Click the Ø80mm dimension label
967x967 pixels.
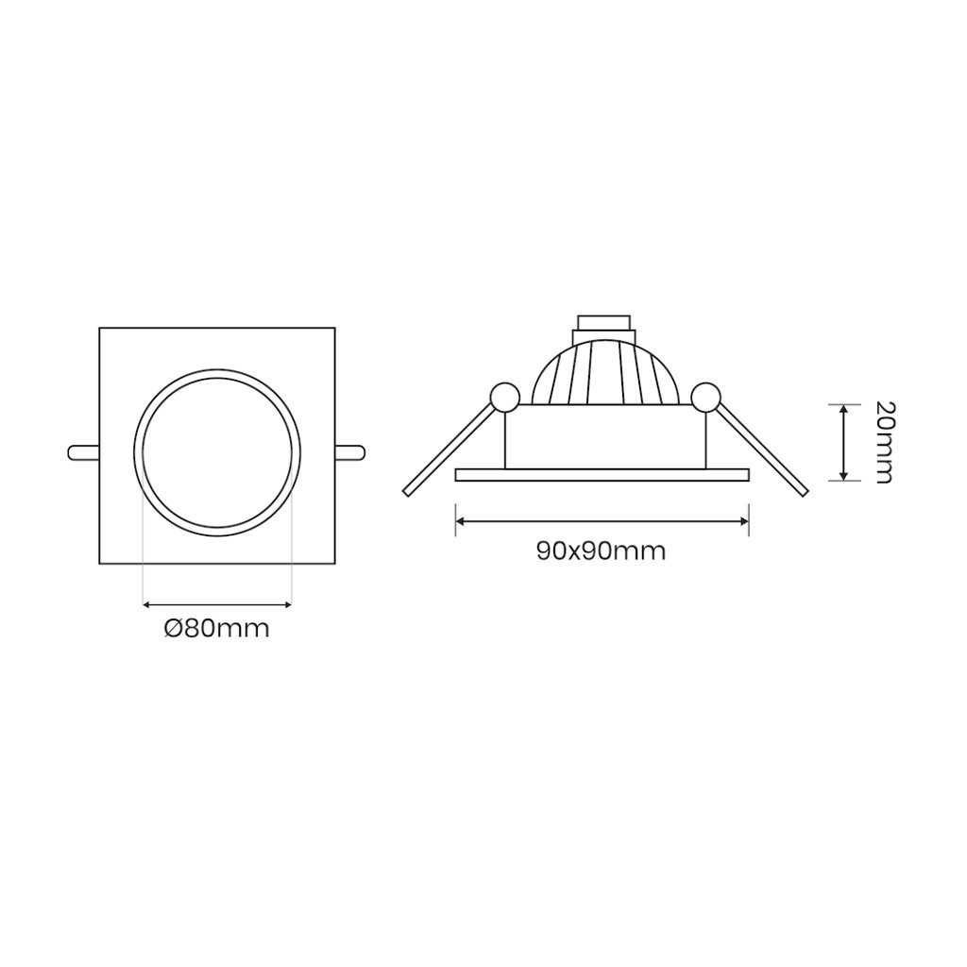click(x=217, y=628)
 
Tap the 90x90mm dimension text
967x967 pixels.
click(x=602, y=551)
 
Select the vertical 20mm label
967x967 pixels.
click(x=884, y=442)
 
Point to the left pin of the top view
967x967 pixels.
click(x=83, y=452)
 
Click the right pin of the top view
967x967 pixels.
click(x=350, y=452)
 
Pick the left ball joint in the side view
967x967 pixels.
click(x=505, y=398)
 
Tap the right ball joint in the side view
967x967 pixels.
click(x=705, y=398)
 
